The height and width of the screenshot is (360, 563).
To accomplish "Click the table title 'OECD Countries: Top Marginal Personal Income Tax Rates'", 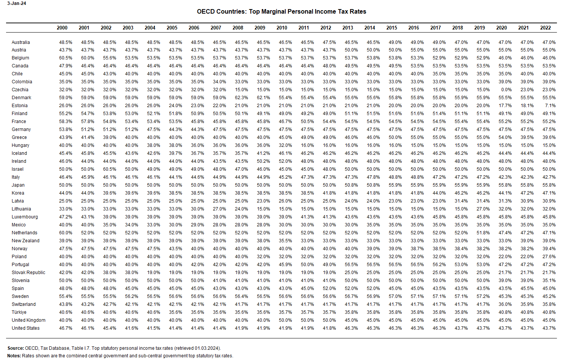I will click(281, 11).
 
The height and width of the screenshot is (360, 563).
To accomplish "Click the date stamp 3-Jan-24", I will click(17, 3).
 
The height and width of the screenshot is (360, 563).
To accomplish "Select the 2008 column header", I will click(238, 28).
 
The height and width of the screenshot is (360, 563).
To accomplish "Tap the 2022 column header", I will click(546, 28).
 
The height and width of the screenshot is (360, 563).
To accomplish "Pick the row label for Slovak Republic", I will click(28, 273).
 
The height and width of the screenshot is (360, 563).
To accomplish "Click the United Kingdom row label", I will click(28, 320).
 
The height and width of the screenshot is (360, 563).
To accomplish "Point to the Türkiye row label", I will click(19, 312).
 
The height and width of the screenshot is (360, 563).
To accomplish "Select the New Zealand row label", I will click(25, 241).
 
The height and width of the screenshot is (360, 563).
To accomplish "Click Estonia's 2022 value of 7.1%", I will click(550, 106).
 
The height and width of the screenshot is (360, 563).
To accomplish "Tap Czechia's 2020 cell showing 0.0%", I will click(507, 90).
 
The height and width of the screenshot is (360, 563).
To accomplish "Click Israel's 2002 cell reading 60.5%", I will click(109, 169).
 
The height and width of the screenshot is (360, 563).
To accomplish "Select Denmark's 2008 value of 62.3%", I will click(241, 98).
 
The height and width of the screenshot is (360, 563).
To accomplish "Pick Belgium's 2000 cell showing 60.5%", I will click(66, 58).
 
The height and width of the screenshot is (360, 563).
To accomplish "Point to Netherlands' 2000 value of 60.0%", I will click(66, 233).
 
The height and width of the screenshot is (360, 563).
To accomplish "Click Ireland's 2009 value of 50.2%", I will click(263, 161).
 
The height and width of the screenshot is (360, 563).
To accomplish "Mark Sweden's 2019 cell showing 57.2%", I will click(483, 296).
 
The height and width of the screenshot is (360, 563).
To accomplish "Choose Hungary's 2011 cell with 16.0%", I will click(307, 145).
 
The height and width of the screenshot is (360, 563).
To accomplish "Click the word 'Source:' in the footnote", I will click(16, 348).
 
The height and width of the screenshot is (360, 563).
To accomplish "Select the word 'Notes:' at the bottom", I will click(14, 356).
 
